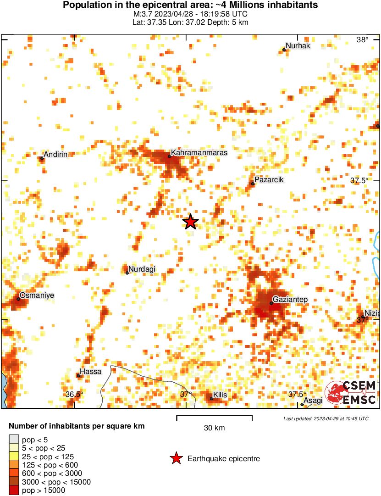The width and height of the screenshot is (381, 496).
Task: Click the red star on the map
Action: pos(190,222)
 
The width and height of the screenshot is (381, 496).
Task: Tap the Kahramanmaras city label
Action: pos(199,152)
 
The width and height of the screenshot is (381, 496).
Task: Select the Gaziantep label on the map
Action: pos(291,299)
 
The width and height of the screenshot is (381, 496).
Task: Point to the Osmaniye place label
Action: pos(37,295)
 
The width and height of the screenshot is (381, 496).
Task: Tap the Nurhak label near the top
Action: pos(298,46)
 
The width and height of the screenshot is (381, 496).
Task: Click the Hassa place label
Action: pos(90,371)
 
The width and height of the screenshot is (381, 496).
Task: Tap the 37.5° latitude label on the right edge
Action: pos(359,180)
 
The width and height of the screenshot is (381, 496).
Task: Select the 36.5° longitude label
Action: pos(74,394)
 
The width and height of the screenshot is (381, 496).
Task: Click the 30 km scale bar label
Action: pos(214,428)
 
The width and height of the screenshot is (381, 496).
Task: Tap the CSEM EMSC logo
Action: pos(350,392)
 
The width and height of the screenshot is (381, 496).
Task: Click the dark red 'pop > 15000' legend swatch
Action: pos(14,490)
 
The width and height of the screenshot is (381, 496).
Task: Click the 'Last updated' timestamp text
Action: pos(326,418)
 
